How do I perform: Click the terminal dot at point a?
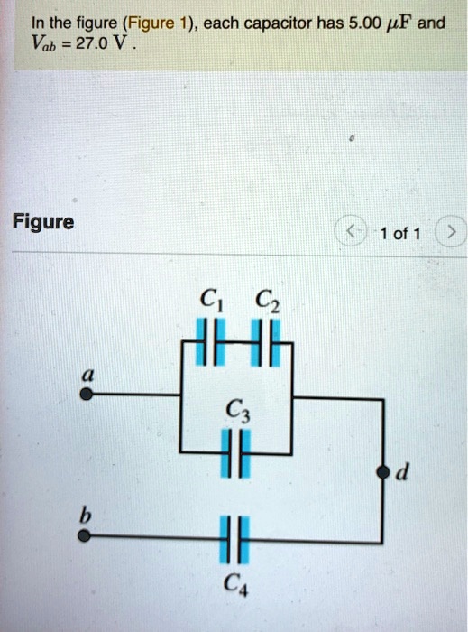click(86, 395)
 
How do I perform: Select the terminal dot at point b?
click(85, 535)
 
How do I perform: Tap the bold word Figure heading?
click(43, 221)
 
